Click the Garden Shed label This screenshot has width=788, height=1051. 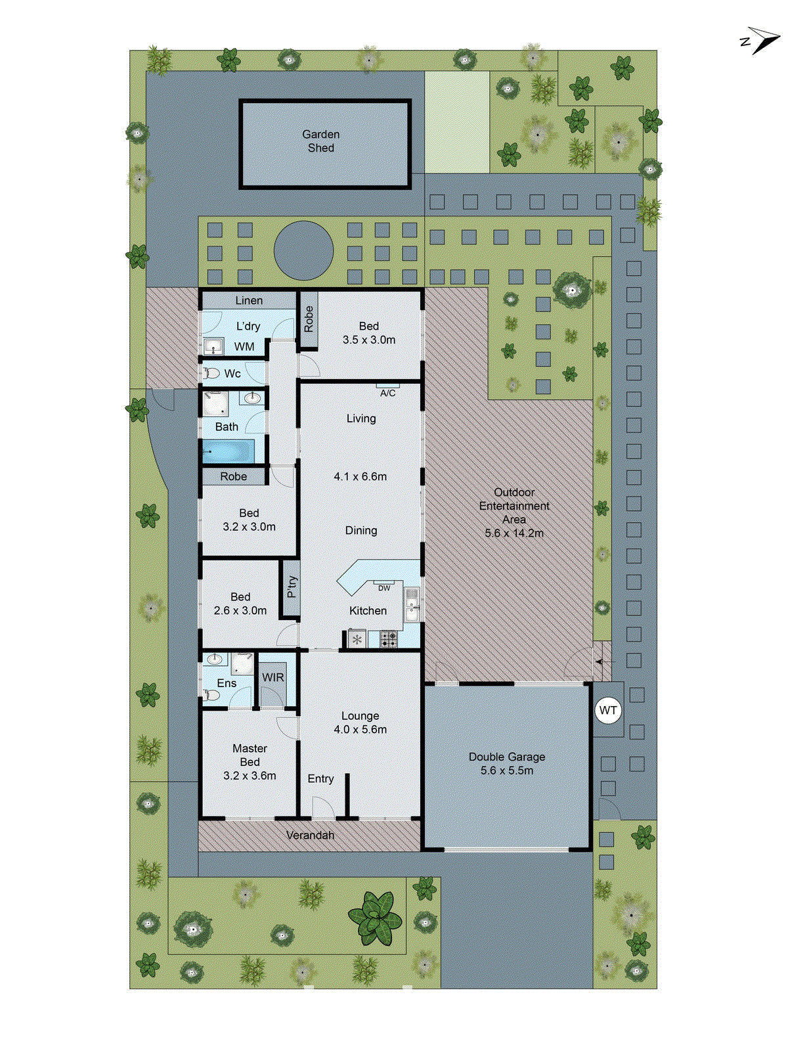(x=321, y=141)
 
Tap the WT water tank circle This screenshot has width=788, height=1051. (x=608, y=710)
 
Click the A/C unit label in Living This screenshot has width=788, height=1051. (x=387, y=393)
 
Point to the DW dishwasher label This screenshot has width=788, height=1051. (x=384, y=588)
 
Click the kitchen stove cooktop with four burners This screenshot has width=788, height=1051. (x=389, y=639)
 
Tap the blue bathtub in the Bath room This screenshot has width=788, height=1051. (x=227, y=452)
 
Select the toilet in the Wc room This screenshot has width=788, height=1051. (x=211, y=374)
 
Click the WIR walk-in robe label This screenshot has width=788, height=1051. (x=273, y=677)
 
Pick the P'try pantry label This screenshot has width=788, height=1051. (x=291, y=587)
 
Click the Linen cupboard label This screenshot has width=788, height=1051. (x=249, y=300)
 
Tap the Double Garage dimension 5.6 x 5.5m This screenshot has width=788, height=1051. (x=506, y=771)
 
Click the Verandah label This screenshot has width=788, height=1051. (x=310, y=835)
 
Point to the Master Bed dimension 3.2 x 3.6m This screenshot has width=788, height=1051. (x=250, y=775)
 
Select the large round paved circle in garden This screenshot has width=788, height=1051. (x=303, y=251)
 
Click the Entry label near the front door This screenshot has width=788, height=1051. (x=320, y=778)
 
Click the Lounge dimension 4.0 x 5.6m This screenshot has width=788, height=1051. (x=360, y=729)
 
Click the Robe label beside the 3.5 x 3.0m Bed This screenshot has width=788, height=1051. (x=308, y=320)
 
